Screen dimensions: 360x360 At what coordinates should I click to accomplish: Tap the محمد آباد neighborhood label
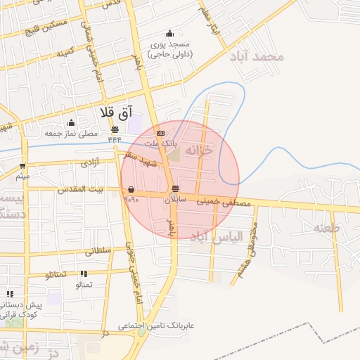[x=260, y=56]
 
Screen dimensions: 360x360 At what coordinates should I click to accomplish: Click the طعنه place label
[x=326, y=228]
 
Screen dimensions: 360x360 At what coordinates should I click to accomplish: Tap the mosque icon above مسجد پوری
[x=169, y=33]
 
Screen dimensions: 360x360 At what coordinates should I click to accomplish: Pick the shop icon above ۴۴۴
[x=115, y=129]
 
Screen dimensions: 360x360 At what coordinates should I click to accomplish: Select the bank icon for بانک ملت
[x=161, y=133]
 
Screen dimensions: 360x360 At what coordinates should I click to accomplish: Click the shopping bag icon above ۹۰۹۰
[x=131, y=188]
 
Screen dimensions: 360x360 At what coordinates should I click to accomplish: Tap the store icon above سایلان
[x=175, y=188]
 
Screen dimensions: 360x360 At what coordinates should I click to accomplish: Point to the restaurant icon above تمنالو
[x=84, y=274]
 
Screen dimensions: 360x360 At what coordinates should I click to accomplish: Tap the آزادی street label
[x=90, y=162]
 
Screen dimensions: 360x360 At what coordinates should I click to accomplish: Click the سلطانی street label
[x=100, y=250]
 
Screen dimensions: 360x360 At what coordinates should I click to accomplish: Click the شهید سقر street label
[x=141, y=158]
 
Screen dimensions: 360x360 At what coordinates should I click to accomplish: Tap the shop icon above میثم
[x=22, y=167]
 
